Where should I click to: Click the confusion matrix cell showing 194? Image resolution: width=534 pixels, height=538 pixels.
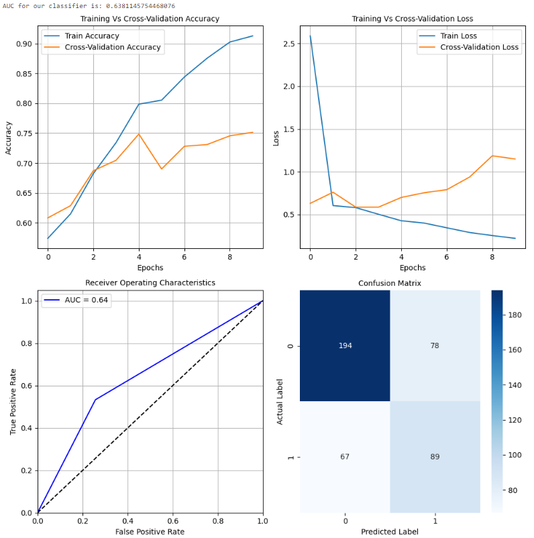pos(345,345)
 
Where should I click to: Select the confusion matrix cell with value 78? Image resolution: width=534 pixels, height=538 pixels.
pos(435,345)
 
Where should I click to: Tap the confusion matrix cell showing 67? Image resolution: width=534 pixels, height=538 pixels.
pos(345,457)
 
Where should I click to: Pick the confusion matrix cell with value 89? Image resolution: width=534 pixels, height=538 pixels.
pos(435,457)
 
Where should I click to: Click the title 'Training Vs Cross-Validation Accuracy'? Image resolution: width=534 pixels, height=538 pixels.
pos(150,19)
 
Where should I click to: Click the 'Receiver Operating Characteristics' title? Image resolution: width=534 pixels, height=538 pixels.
pos(150,282)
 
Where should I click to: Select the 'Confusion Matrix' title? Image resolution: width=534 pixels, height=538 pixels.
pos(390,283)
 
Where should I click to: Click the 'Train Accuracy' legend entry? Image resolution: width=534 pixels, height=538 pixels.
pos(92,36)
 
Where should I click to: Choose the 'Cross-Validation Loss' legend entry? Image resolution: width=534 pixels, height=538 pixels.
pos(479,48)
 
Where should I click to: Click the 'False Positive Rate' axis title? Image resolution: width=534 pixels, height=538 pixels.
pos(150,531)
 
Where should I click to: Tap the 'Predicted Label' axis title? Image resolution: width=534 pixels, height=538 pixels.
pos(389,531)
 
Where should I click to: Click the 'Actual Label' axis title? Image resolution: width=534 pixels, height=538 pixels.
pos(280,400)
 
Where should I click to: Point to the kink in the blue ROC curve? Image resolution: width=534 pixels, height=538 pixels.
pos(95,400)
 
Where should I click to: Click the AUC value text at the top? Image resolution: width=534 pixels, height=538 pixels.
pos(89,5)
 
